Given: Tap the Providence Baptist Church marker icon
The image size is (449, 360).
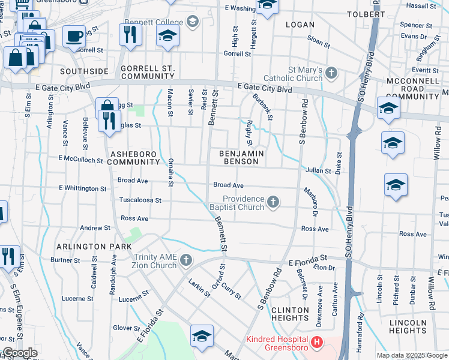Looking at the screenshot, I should click(x=274, y=202).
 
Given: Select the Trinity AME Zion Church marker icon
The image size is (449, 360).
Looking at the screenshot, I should click(x=186, y=260).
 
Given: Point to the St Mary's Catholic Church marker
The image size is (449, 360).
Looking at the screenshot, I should click(x=332, y=74).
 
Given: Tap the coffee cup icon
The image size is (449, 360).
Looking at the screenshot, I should click(x=74, y=37).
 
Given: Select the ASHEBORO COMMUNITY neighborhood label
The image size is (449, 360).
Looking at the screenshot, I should click(x=134, y=158).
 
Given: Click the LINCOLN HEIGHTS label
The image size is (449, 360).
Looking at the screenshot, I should click(x=408, y=326).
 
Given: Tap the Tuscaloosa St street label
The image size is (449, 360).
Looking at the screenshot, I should click(x=140, y=200).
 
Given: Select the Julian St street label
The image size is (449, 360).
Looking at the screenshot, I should click(x=319, y=171).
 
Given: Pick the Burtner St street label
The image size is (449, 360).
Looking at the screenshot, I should click(x=61, y=260).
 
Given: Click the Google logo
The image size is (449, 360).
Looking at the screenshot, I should click(x=20, y=353).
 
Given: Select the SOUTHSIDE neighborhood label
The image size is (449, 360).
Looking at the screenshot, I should click(x=85, y=71).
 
